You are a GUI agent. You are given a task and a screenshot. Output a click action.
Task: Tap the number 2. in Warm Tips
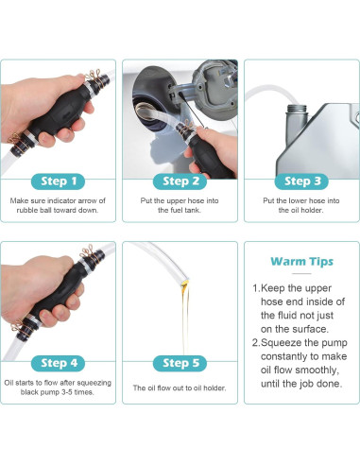256,345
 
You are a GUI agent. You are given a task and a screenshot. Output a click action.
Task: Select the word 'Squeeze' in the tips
287,345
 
